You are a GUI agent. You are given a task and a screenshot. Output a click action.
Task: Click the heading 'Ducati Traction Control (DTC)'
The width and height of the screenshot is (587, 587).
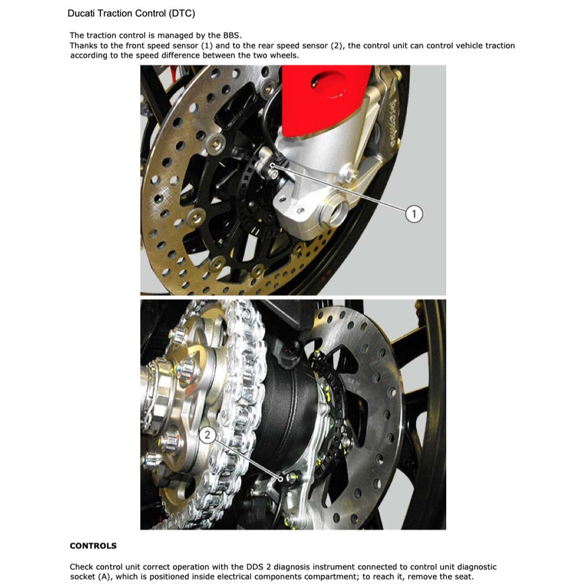coord(131,13)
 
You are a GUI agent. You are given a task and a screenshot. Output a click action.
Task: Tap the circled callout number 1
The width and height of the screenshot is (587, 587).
coord(414,213)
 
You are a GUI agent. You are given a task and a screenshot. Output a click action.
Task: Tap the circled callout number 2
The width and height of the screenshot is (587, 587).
coord(208,435)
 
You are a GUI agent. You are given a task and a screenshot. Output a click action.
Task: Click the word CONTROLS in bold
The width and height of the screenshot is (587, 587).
coord(93,546)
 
